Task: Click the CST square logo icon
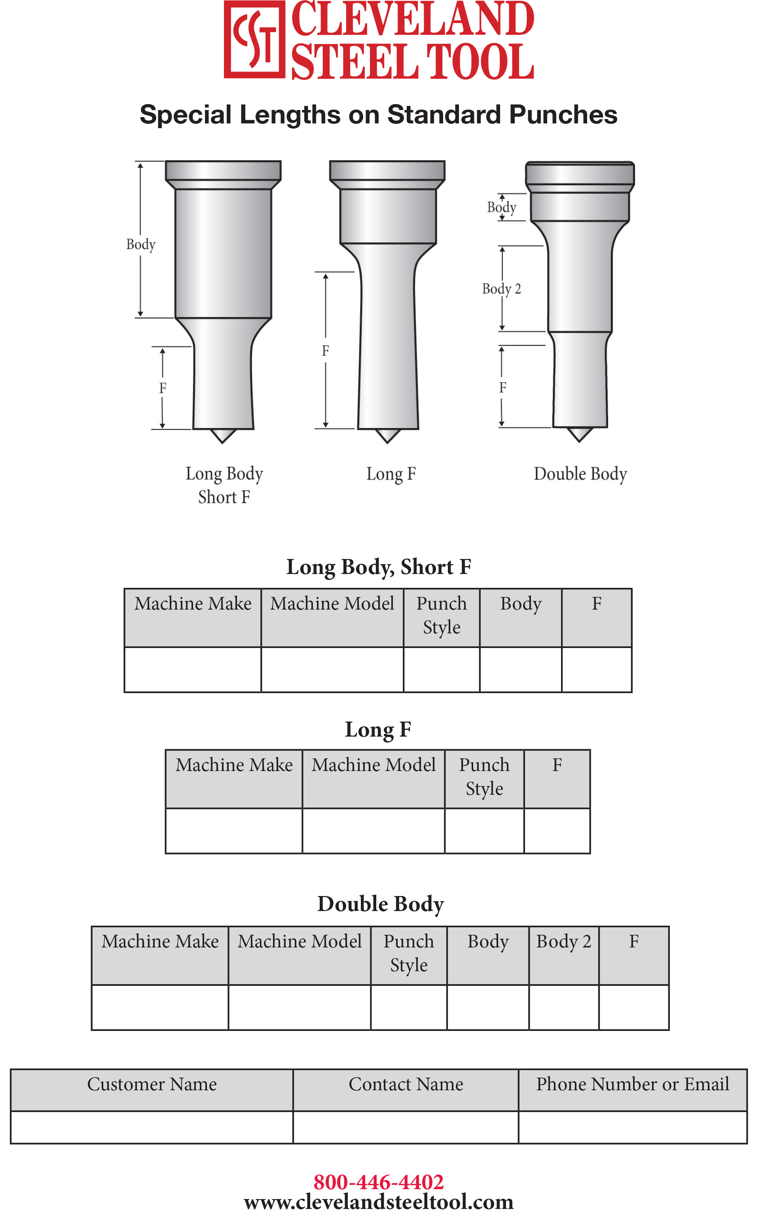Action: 254,40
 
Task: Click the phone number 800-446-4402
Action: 379,1182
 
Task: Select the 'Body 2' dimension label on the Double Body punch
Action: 501,289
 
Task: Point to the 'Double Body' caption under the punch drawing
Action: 580,474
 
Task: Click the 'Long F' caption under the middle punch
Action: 391,474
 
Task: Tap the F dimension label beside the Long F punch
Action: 325,350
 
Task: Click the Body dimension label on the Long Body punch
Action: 140,244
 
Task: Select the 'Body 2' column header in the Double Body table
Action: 563,942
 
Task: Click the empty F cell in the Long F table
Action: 557,831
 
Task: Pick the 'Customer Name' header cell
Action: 152,1084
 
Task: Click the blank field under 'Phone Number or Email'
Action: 633,1127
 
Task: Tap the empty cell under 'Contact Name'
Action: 406,1127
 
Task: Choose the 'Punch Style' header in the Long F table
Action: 484,777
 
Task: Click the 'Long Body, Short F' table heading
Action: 379,567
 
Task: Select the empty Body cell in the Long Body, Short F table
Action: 520,669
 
